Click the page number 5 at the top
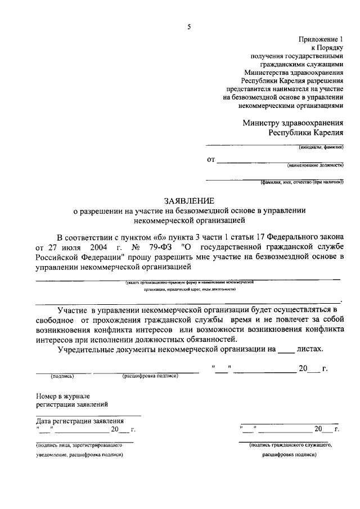click(189, 26)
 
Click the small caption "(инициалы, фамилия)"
click(321, 148)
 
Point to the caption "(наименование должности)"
click(314, 165)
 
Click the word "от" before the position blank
click(211, 160)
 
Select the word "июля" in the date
click(64, 247)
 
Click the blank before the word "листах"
click(286, 349)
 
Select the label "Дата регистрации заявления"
click(80, 421)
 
